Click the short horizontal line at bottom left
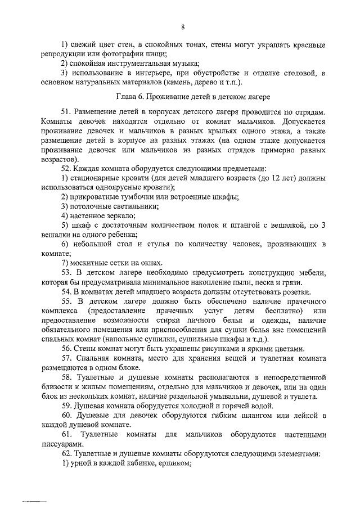click(x=34, y=500)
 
